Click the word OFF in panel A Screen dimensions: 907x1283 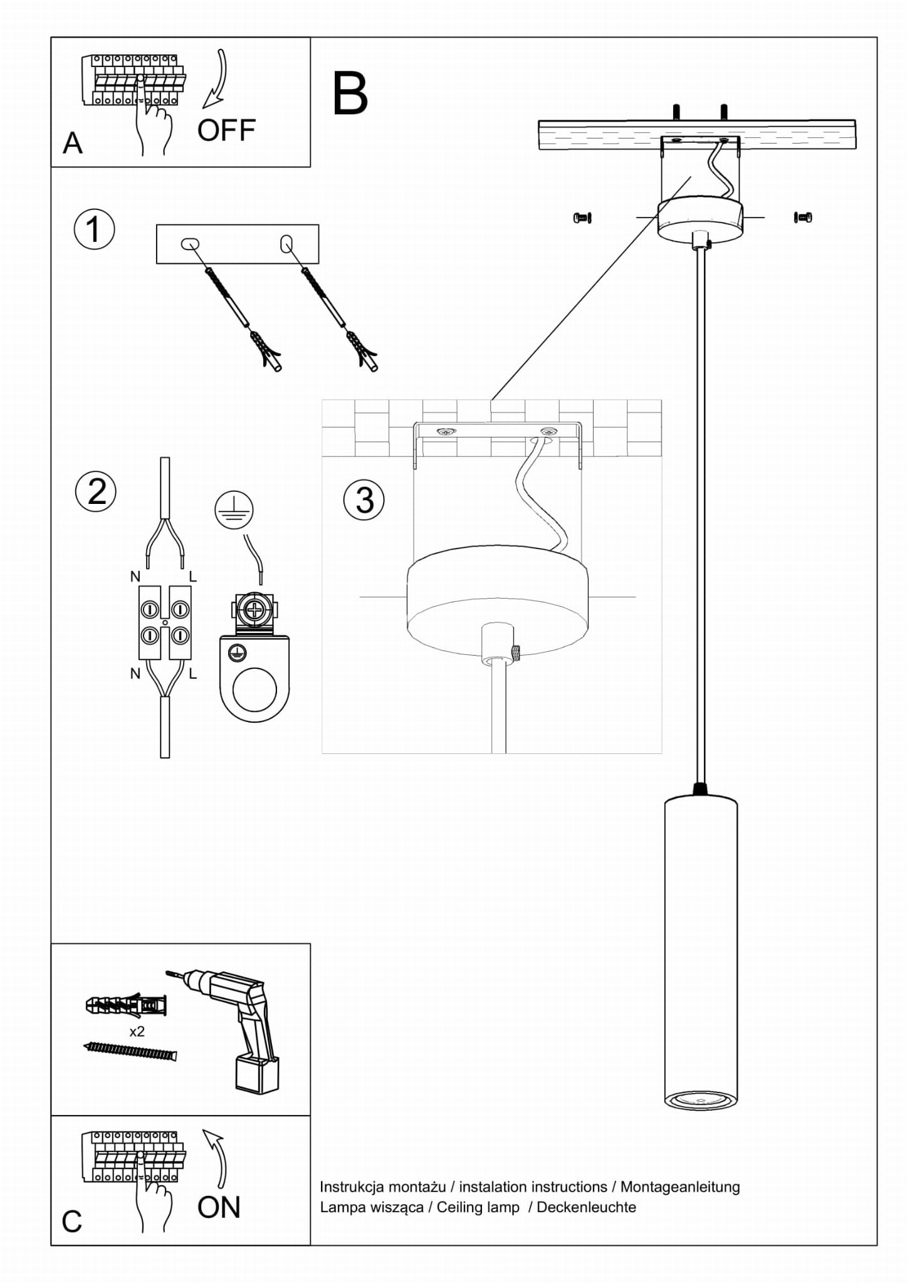pyautogui.click(x=226, y=130)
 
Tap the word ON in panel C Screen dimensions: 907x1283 pyautogui.click(x=219, y=1207)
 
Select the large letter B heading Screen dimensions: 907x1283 pyautogui.click(x=350, y=93)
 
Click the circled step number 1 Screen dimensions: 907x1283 pyautogui.click(x=94, y=229)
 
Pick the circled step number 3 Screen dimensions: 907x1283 pyautogui.click(x=364, y=500)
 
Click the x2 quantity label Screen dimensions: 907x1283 pyautogui.click(x=137, y=1031)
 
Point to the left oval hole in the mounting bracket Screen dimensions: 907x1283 pyautogui.click(x=190, y=243)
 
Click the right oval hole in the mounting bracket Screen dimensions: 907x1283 pyautogui.click(x=286, y=243)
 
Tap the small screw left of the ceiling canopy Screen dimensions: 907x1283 pyautogui.click(x=582, y=217)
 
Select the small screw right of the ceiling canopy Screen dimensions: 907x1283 pyautogui.click(x=803, y=217)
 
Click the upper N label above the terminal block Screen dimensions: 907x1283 pyautogui.click(x=135, y=577)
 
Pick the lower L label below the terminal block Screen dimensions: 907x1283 pyautogui.click(x=192, y=674)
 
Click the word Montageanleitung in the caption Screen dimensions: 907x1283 pyautogui.click(x=680, y=1187)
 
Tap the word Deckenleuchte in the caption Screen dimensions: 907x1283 pyautogui.click(x=586, y=1207)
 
